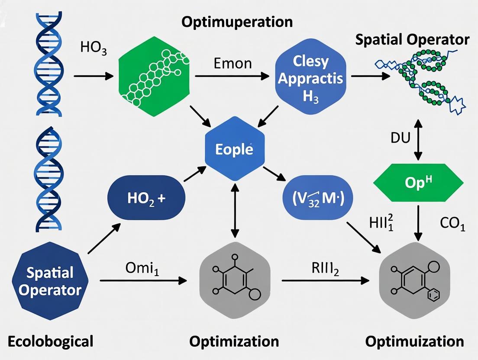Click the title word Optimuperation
tap(237, 22)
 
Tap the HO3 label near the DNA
tap(94, 47)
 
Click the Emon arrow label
tap(233, 64)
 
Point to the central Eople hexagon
tap(234, 150)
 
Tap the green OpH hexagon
tap(418, 181)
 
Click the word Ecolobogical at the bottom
tap(51, 341)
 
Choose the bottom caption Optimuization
tap(414, 341)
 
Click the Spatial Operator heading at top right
tap(412, 40)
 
